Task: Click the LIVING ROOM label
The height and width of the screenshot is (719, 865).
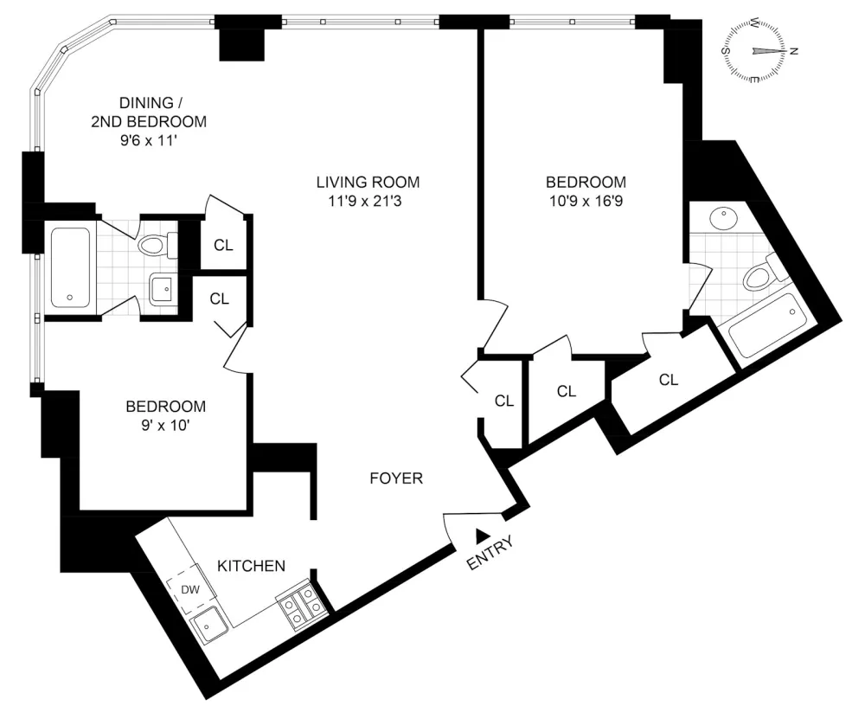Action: click(368, 182)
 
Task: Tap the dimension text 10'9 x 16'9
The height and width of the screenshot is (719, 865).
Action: click(586, 201)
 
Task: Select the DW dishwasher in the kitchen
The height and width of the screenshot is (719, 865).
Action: click(191, 589)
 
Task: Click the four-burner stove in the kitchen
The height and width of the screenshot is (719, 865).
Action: click(302, 604)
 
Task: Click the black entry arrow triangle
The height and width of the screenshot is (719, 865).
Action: click(483, 534)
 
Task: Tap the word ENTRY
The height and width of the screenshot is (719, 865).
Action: click(490, 552)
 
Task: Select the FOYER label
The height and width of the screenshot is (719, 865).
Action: click(396, 478)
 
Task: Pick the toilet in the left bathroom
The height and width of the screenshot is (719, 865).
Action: click(157, 245)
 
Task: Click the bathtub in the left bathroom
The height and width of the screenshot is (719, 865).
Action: click(71, 268)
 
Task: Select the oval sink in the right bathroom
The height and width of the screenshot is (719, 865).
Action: click(723, 219)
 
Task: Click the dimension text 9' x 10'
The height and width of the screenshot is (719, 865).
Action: click(165, 426)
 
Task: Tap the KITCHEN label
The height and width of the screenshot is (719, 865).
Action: click(251, 566)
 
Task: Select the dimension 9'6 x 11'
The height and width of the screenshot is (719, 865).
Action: click(149, 141)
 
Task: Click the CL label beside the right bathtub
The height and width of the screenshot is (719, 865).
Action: click(669, 380)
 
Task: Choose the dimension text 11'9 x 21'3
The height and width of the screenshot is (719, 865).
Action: click(365, 201)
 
